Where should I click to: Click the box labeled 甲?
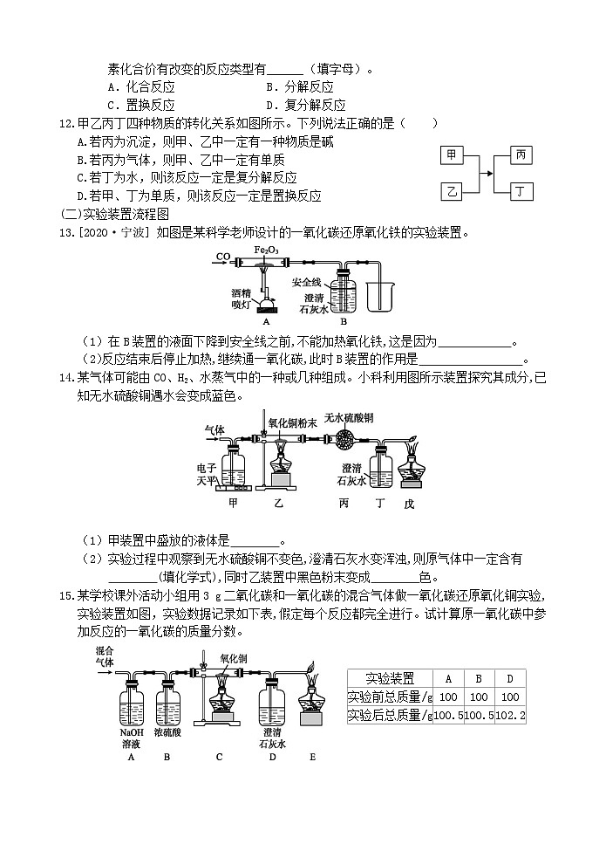tap(452, 155)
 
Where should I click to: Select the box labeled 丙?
tap(520, 155)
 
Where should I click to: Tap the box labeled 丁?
tap(520, 190)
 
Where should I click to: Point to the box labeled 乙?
tap(452, 190)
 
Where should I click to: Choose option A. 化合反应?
tap(141, 87)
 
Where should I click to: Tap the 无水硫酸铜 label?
tap(349, 418)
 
